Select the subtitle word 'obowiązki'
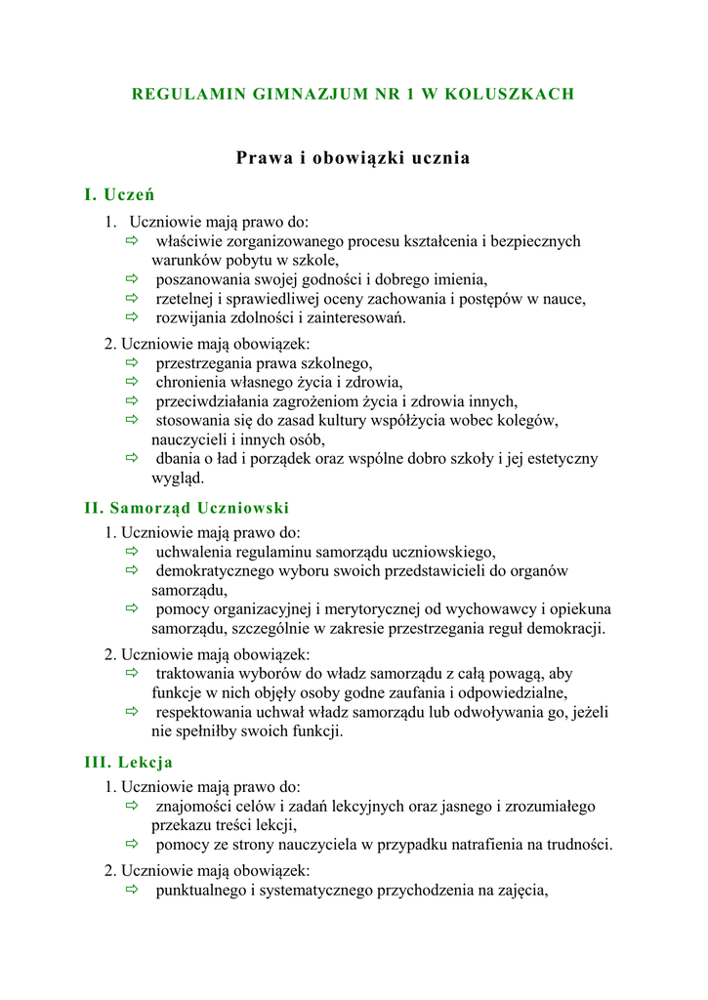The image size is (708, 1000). coord(350,158)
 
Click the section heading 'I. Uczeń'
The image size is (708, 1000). coord(120,194)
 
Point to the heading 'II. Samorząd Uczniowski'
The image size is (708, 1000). coord(187,508)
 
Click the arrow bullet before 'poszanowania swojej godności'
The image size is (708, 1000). coord(133,279)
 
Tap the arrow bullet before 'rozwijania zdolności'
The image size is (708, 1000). coord(133,318)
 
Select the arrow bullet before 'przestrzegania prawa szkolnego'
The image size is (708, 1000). coord(133,363)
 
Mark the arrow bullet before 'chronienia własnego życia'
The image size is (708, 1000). coord(133,383)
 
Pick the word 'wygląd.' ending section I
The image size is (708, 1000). coord(177,479)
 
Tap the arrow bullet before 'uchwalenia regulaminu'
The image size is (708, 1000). coord(133,552)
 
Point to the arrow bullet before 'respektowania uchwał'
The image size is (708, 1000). coord(133,712)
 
